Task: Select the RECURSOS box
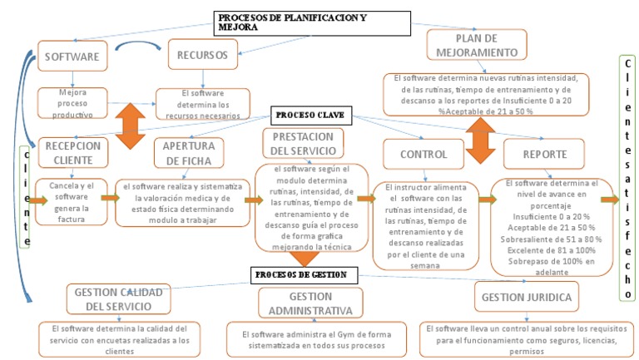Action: click(x=202, y=56)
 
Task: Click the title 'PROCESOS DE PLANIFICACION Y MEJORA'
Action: click(x=313, y=22)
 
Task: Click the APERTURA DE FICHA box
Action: click(x=190, y=153)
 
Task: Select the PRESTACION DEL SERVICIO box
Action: click(x=301, y=144)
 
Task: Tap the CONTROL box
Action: click(x=423, y=154)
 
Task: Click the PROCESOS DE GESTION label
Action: click(x=300, y=274)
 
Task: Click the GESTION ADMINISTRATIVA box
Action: click(x=310, y=303)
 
